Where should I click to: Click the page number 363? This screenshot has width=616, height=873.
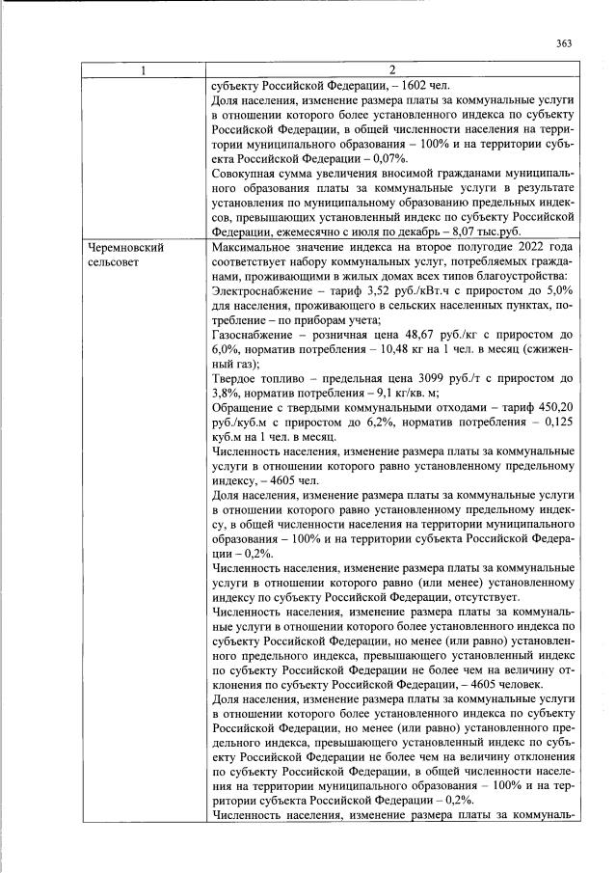pos(564,42)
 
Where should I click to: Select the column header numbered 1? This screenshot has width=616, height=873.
pos(144,69)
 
